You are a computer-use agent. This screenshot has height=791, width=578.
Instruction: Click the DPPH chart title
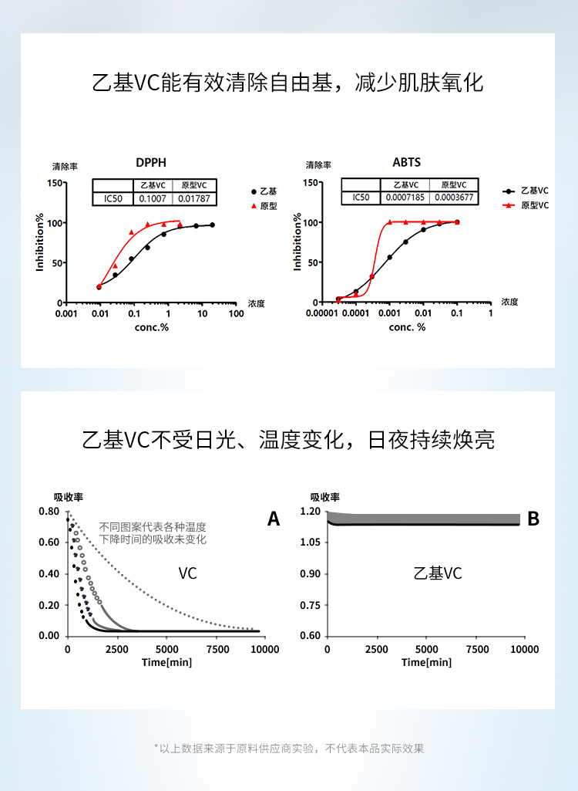(x=150, y=163)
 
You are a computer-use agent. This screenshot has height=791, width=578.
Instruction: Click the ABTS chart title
(x=406, y=163)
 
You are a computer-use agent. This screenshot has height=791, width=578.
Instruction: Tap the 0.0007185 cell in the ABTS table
(x=405, y=198)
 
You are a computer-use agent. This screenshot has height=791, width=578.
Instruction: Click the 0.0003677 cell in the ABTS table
(x=454, y=198)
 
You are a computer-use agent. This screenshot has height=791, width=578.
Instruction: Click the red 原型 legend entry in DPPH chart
(x=264, y=206)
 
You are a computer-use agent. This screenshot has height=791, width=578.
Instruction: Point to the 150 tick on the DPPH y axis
(x=54, y=183)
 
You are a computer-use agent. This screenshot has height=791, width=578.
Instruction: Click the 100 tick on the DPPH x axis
(x=234, y=314)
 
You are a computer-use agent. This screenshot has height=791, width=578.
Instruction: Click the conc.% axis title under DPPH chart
(x=150, y=327)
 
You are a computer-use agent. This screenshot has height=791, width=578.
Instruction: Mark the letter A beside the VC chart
(x=273, y=519)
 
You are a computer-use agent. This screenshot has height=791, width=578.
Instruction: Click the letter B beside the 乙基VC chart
(x=533, y=519)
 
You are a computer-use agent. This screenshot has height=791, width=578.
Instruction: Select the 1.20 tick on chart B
(x=309, y=512)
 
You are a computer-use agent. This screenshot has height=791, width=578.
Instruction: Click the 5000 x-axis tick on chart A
(x=166, y=649)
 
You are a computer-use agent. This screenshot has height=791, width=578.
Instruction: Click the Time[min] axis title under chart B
(x=426, y=662)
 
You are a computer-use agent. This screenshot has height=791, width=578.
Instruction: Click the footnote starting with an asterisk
(x=289, y=748)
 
